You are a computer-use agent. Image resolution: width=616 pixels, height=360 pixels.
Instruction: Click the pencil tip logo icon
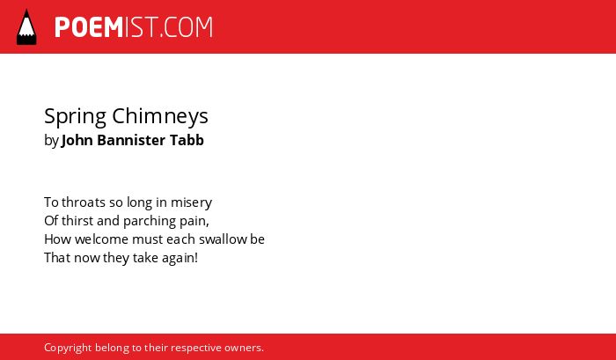pyautogui.click(x=26, y=26)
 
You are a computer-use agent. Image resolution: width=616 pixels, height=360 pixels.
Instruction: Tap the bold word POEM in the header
pyautogui.click(x=89, y=27)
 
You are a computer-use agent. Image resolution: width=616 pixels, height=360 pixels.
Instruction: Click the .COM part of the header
pyautogui.click(x=186, y=27)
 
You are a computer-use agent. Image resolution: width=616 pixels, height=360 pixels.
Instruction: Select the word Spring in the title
pyautogui.click(x=75, y=117)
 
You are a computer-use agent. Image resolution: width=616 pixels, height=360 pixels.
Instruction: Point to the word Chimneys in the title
pyautogui.click(x=160, y=117)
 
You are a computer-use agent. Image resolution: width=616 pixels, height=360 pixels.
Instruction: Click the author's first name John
pyautogui.click(x=77, y=140)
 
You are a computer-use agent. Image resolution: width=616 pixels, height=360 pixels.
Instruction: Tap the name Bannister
pyautogui.click(x=131, y=140)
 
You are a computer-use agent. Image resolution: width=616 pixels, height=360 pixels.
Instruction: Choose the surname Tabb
pyautogui.click(x=187, y=140)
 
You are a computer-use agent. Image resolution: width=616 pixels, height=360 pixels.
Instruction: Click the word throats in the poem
pyautogui.click(x=84, y=202)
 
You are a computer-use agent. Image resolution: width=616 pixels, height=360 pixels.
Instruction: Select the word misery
pyautogui.click(x=191, y=203)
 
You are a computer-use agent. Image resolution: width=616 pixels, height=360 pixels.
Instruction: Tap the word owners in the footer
pyautogui.click(x=244, y=348)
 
